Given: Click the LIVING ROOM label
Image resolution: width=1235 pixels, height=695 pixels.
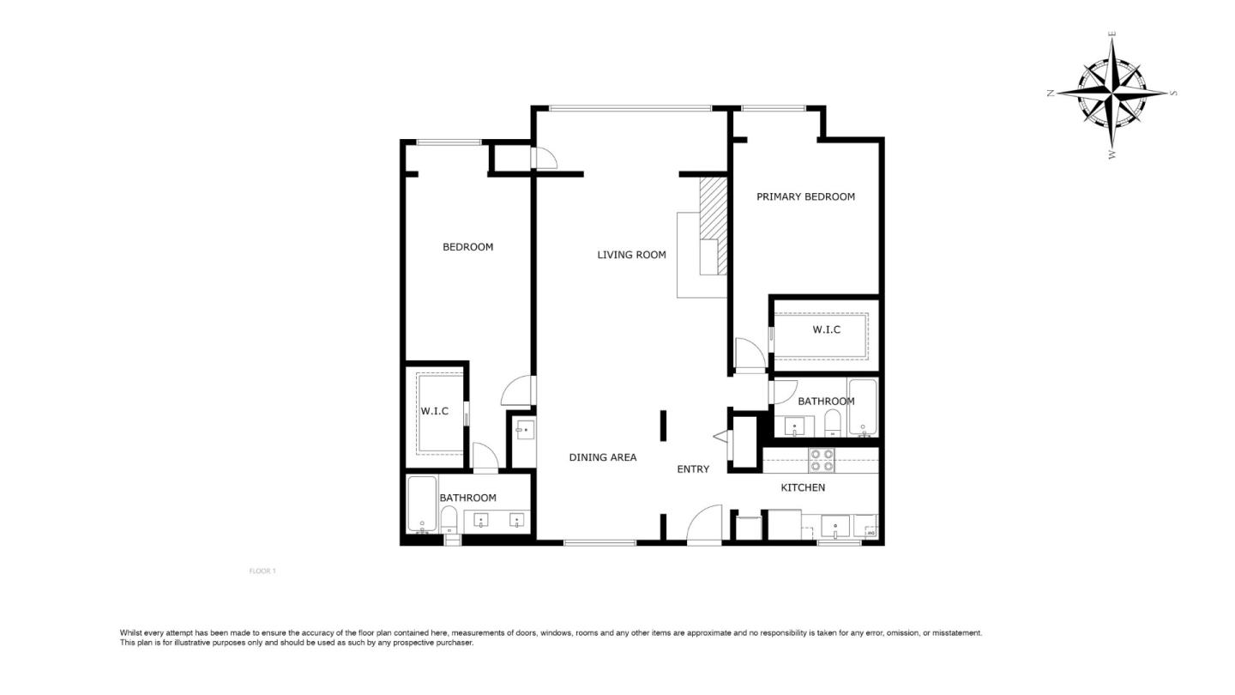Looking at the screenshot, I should [x=631, y=255].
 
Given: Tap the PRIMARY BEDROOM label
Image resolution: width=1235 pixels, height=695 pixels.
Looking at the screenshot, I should [x=805, y=196].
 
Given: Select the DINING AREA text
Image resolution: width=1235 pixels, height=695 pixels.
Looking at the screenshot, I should [x=603, y=457].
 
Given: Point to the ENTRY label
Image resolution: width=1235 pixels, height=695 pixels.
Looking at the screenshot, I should [x=693, y=469].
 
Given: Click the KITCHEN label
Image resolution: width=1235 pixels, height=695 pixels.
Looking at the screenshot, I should [x=803, y=487].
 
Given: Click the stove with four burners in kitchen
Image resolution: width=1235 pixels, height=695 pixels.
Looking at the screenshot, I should [x=822, y=461].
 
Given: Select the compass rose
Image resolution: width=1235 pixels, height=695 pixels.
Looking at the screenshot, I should [x=1111, y=93].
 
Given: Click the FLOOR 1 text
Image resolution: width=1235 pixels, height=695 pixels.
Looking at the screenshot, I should [x=262, y=571].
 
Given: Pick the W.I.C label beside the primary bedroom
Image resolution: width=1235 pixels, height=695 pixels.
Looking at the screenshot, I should [x=826, y=330].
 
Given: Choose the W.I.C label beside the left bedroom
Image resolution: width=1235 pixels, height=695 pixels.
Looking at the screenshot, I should [x=434, y=412].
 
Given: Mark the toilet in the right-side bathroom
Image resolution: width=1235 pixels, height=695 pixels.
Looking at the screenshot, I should [x=832, y=422].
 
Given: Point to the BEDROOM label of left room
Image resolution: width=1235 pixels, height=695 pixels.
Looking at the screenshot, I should [x=467, y=247].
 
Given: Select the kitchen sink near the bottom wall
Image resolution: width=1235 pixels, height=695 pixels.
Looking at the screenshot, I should [x=835, y=525].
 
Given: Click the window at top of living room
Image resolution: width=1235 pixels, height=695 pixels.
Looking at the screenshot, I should [x=630, y=108].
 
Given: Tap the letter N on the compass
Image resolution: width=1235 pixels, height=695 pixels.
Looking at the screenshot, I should [x=1051, y=94].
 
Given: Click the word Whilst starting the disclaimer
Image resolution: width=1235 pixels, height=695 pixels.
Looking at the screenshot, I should [x=133, y=633].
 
